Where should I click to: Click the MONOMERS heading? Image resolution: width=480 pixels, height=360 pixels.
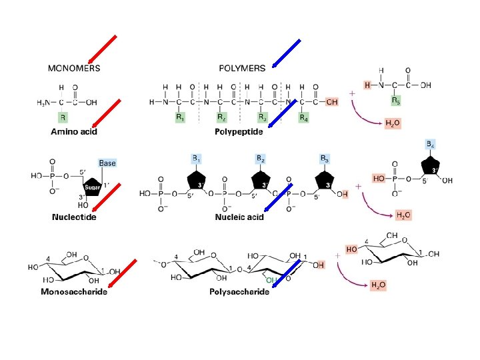[74, 68]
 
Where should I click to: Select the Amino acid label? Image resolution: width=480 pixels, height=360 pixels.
[75, 132]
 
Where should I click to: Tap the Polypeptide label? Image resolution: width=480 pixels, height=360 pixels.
[239, 132]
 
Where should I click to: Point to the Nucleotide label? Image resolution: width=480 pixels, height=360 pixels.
[75, 217]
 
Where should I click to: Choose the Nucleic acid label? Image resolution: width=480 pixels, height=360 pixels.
[239, 217]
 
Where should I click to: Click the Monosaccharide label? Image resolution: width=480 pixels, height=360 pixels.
[74, 291]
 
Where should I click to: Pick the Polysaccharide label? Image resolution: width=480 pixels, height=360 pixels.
[239, 291]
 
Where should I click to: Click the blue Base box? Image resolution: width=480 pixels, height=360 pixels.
[107, 163]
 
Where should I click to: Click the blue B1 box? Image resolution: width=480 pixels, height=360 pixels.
[197, 159]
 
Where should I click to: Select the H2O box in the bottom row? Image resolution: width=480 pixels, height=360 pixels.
[378, 285]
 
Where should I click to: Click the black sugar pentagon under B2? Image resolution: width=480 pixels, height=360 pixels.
[259, 181]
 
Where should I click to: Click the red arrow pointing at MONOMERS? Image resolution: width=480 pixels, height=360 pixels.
[103, 51]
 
